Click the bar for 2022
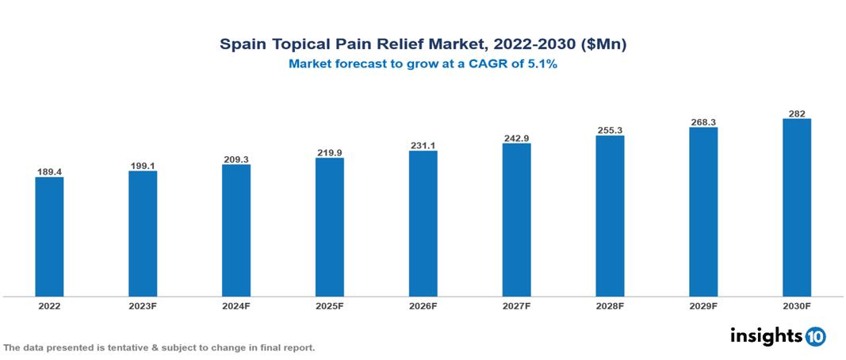click(x=49, y=236)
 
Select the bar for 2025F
click(x=329, y=227)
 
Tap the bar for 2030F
click(x=796, y=208)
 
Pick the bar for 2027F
click(x=516, y=220)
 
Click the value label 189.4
click(x=49, y=171)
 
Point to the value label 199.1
click(x=143, y=166)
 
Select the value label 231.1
click(x=423, y=145)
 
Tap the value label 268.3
click(x=702, y=122)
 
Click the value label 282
click(x=796, y=113)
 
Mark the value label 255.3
click(x=610, y=130)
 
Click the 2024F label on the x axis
click(x=236, y=305)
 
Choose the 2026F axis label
click(x=423, y=305)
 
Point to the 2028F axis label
click(x=610, y=305)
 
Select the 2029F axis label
click(x=702, y=305)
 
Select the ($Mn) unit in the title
click(x=604, y=45)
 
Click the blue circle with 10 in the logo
click(x=815, y=336)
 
